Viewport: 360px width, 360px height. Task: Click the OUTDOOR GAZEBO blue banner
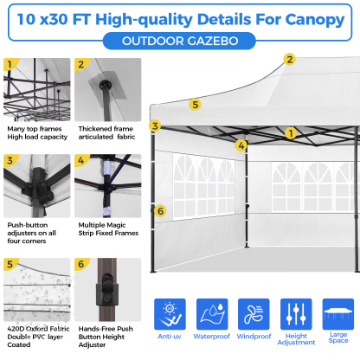click(179, 39)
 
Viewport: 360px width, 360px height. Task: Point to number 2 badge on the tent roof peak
click(289, 60)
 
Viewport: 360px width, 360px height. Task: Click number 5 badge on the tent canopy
click(196, 104)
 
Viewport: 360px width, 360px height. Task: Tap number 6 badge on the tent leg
click(159, 210)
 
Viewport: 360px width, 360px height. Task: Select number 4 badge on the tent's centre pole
click(241, 145)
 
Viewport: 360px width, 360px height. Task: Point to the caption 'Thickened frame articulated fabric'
click(106, 132)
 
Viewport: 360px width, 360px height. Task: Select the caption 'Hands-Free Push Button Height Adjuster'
click(107, 336)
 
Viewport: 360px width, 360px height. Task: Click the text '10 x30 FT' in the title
click(57, 16)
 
